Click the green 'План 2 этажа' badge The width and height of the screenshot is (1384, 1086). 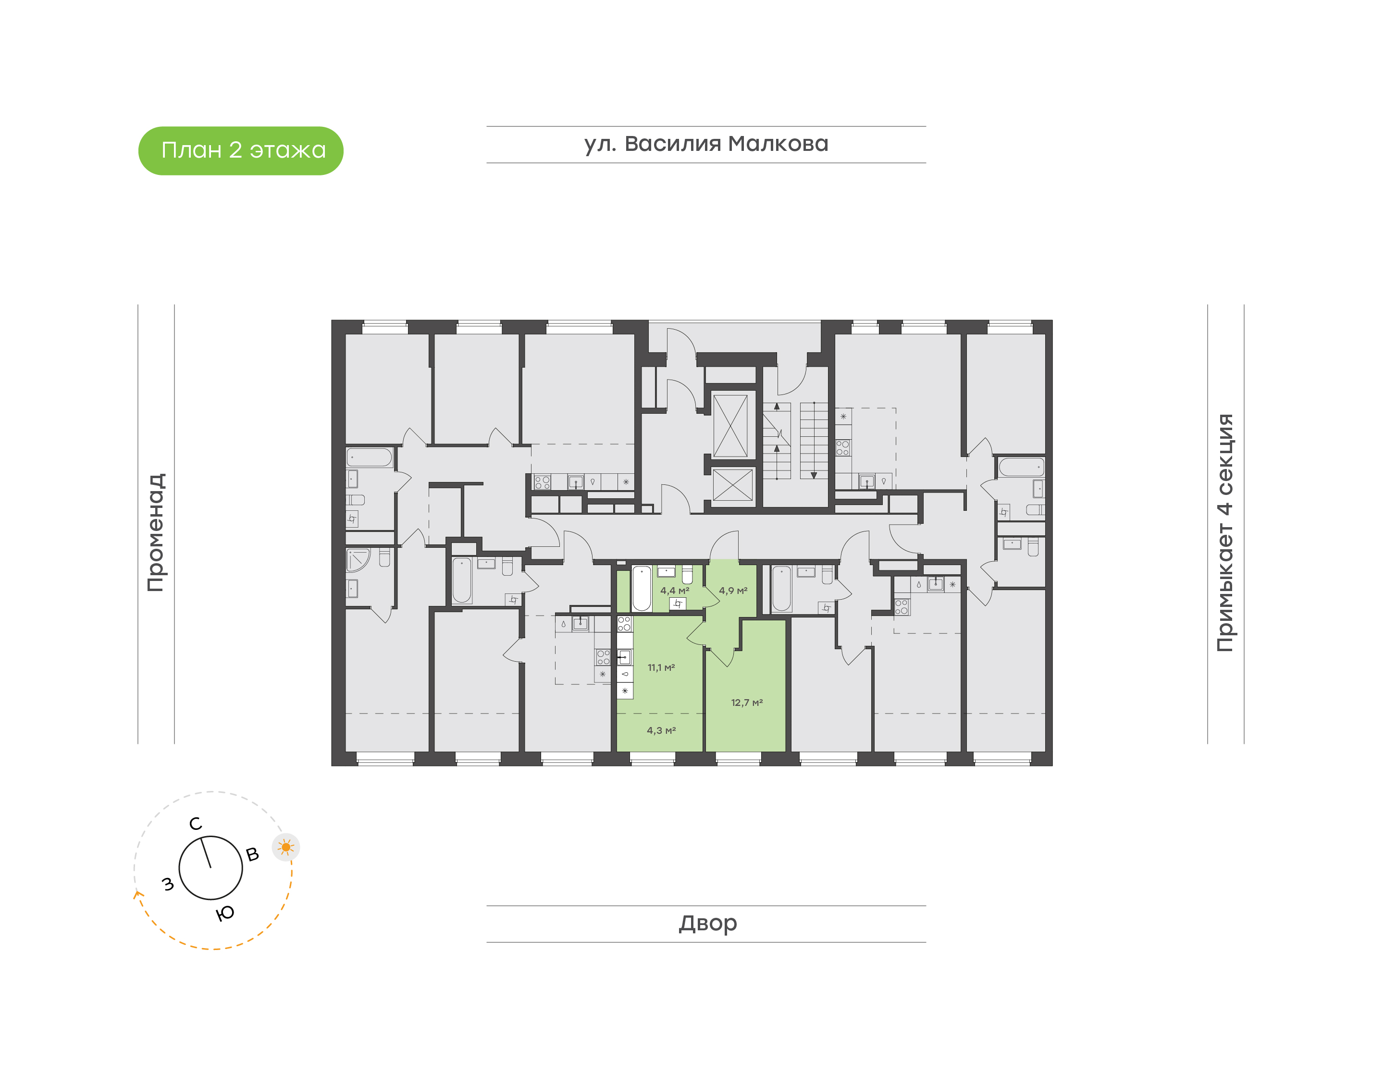(240, 151)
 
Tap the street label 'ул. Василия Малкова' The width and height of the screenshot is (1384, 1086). (705, 144)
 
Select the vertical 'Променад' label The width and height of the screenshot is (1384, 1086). (156, 532)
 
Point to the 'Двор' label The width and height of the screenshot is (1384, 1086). (707, 923)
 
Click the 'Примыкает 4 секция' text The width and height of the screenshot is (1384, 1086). (1224, 532)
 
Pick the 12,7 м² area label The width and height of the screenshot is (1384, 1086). (746, 703)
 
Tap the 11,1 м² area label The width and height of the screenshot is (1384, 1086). (661, 667)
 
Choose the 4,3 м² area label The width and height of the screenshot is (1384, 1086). (661, 730)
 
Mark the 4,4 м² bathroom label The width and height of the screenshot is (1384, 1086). (674, 591)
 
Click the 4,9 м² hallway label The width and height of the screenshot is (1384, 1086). (732, 591)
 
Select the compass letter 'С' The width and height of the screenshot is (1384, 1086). (196, 824)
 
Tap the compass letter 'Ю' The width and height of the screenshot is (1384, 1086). (225, 913)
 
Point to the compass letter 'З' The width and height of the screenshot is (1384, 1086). (168, 884)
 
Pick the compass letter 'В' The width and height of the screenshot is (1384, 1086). (252, 854)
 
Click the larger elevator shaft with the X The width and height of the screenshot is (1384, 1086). (730, 425)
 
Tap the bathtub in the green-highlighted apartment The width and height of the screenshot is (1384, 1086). (642, 588)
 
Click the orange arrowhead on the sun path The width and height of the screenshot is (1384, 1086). (136, 895)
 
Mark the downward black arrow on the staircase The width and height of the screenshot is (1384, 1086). (813, 475)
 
